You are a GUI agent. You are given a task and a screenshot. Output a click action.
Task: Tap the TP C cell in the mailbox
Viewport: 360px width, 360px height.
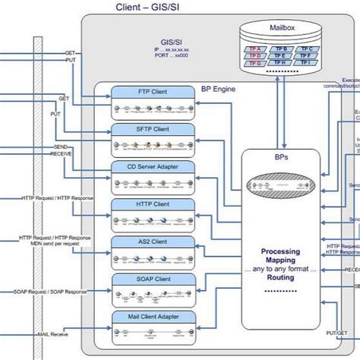coord(306,49)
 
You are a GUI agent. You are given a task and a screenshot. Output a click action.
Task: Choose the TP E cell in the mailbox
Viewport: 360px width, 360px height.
coord(280,55)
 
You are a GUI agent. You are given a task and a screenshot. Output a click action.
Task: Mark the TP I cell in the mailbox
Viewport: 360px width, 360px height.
coord(306,62)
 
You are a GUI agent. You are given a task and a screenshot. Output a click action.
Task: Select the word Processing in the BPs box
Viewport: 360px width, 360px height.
coord(280,251)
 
